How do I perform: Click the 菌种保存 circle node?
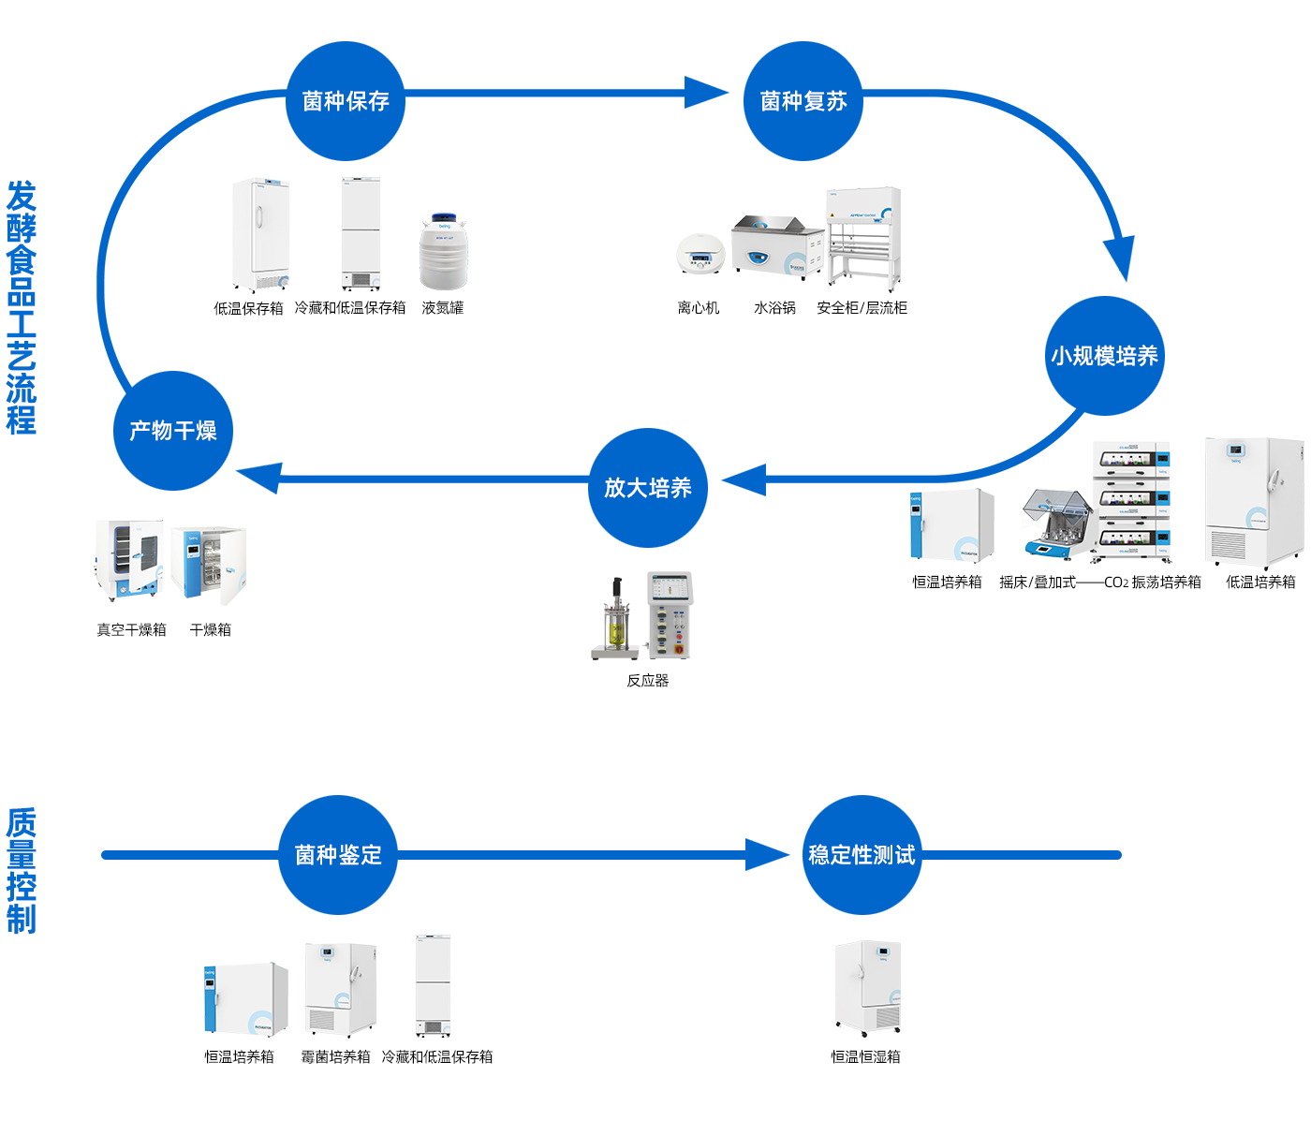point(345,101)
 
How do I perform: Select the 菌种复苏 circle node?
point(803,101)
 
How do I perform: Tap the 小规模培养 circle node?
point(1104,356)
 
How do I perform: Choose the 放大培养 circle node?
point(647,488)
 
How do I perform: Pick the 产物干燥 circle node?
point(172,431)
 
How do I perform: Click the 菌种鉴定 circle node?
point(338,855)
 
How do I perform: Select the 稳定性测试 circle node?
point(862,855)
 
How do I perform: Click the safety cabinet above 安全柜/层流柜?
point(863,235)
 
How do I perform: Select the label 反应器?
point(648,681)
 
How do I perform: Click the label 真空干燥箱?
point(131,630)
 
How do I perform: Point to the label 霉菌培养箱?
point(335,1057)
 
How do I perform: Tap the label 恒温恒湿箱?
point(865,1057)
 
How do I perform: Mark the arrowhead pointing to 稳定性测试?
point(767,854)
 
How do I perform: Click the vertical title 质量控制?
point(22,871)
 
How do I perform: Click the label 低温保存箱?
point(248,308)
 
